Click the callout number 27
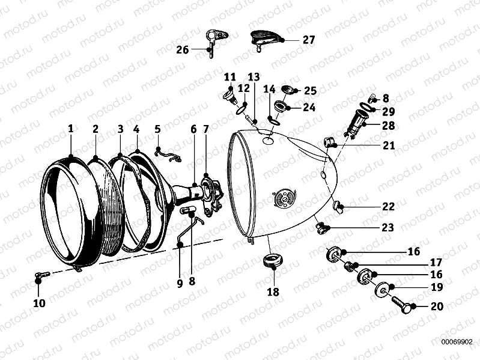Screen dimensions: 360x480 (308, 40)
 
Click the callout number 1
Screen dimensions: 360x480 (70, 129)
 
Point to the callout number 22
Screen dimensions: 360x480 (388, 207)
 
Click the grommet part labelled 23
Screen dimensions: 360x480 (322, 227)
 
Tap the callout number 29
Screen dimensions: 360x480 (389, 111)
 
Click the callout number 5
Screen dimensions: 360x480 (157, 129)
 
